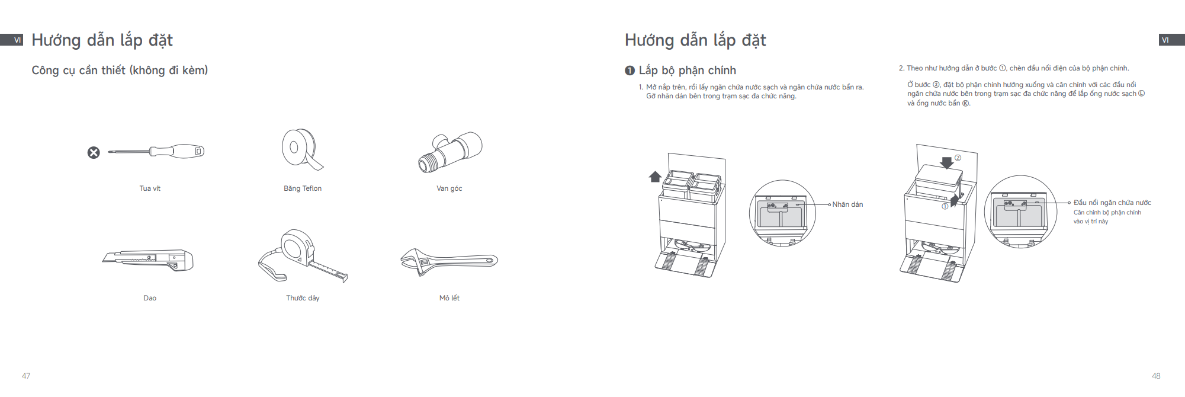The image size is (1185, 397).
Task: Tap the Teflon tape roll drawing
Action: (301, 149)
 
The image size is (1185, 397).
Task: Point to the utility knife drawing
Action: (148, 260)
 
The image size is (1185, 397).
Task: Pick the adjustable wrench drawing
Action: (449, 261)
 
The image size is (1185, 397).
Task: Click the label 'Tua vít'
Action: (150, 188)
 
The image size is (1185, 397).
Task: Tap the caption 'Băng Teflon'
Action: (303, 188)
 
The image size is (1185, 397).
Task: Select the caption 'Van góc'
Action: (449, 188)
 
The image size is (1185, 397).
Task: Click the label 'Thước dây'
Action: (303, 298)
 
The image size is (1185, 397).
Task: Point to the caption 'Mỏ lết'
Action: (449, 298)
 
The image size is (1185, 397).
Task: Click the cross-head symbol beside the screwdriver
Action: (94, 153)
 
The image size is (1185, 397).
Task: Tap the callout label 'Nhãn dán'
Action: (847, 204)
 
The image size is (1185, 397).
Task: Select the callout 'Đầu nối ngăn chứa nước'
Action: (1112, 203)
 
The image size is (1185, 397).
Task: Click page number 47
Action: (26, 376)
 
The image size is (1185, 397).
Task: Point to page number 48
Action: (1156, 376)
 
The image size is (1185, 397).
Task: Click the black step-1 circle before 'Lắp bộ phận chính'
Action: (630, 71)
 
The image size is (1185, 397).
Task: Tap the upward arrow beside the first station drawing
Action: (655, 177)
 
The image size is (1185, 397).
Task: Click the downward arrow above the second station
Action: (947, 162)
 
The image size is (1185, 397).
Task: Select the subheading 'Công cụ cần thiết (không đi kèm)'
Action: (120, 71)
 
